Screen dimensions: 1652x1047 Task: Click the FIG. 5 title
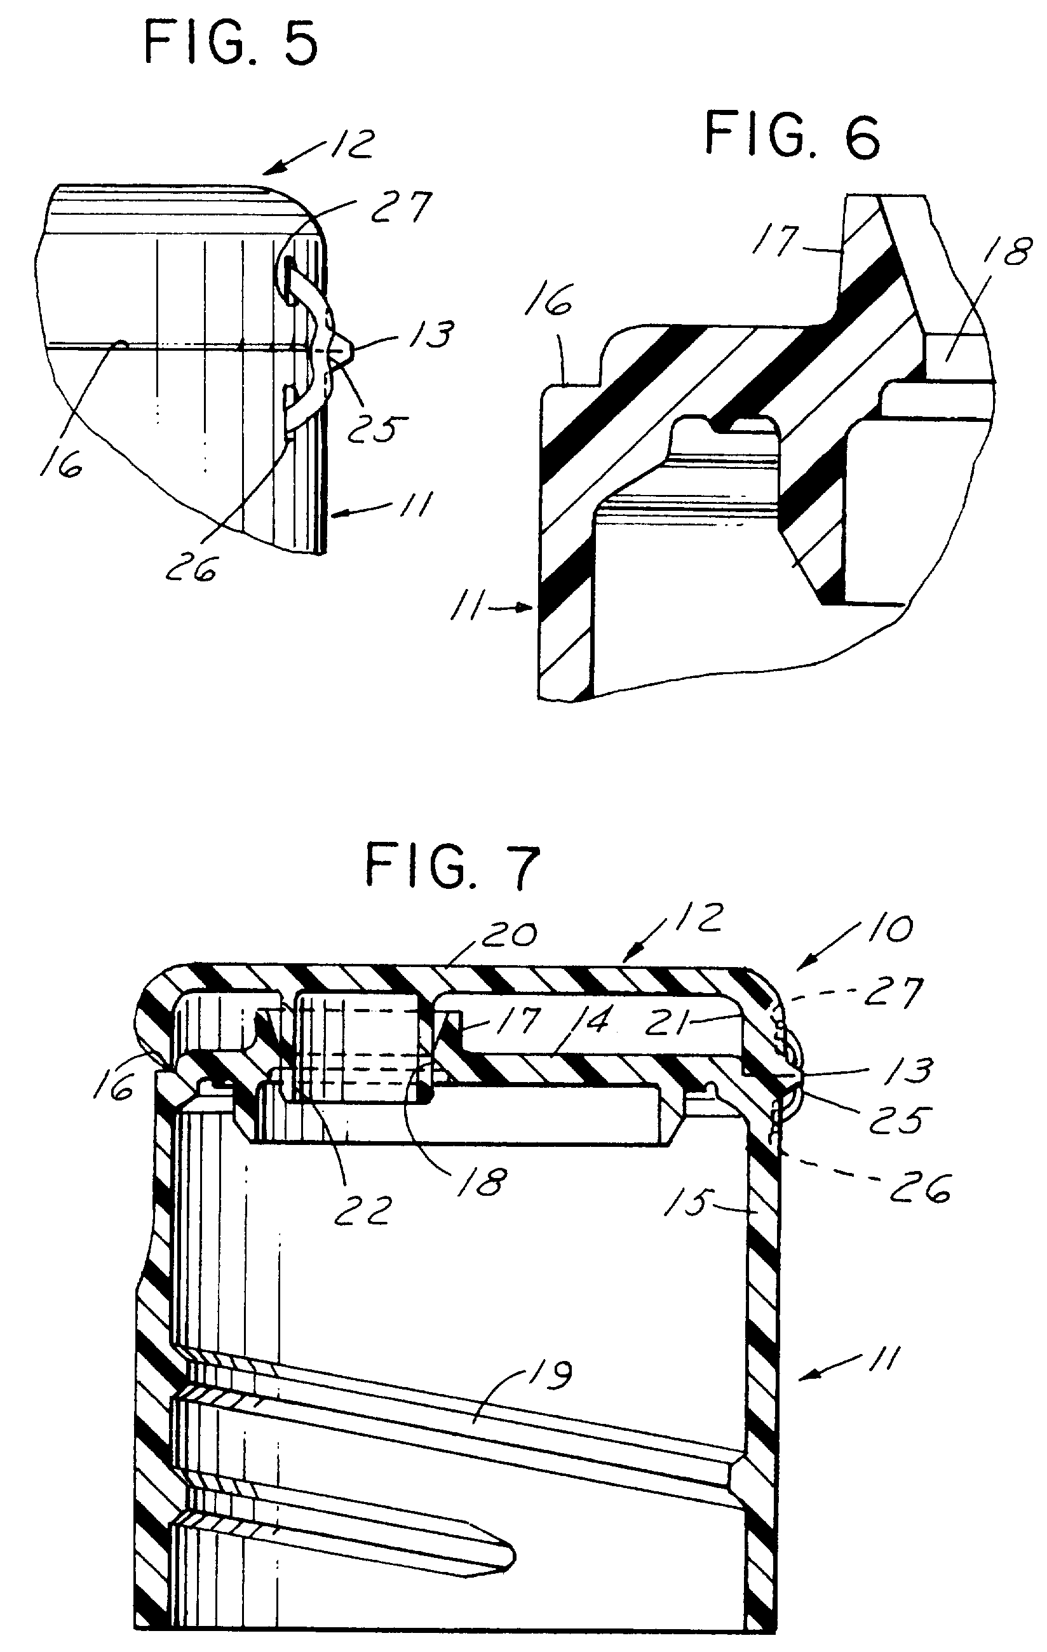231,44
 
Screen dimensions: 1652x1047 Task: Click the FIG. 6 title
792,137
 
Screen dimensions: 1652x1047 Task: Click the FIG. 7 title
453,867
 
